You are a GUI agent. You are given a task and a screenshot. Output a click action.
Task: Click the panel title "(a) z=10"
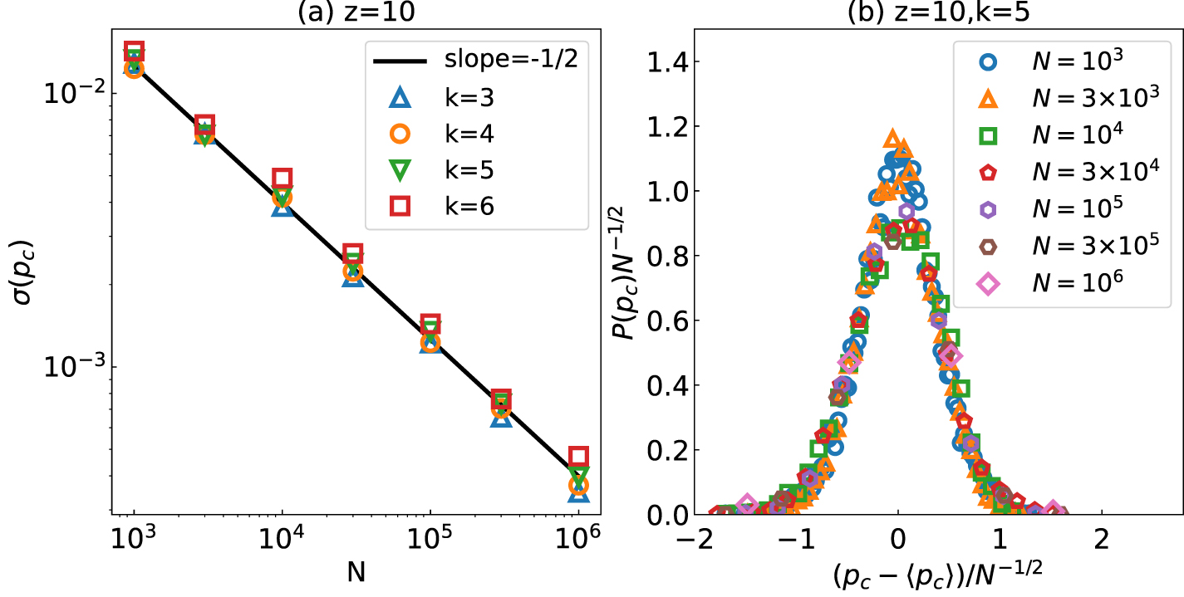[x=354, y=12]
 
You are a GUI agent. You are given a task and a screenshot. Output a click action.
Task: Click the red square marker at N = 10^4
[x=282, y=178]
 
